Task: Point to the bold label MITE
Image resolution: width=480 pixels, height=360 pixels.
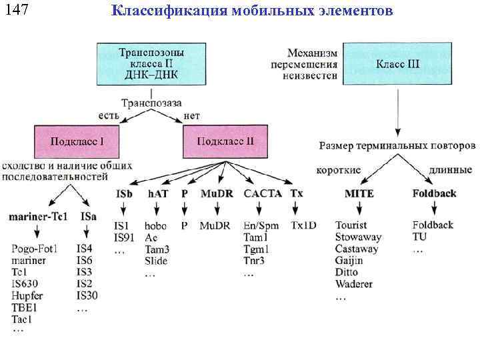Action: click(359, 194)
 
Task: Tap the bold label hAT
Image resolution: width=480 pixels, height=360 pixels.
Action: click(157, 194)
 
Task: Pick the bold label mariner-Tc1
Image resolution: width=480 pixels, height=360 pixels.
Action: click(38, 216)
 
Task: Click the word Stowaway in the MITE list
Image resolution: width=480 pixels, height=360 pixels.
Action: click(358, 237)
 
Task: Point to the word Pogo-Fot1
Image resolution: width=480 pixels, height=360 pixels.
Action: click(35, 249)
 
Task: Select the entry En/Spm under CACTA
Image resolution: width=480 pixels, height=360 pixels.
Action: click(261, 226)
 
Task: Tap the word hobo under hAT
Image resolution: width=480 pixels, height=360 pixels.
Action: click(155, 226)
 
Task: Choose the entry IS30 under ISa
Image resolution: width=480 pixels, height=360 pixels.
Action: click(87, 295)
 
